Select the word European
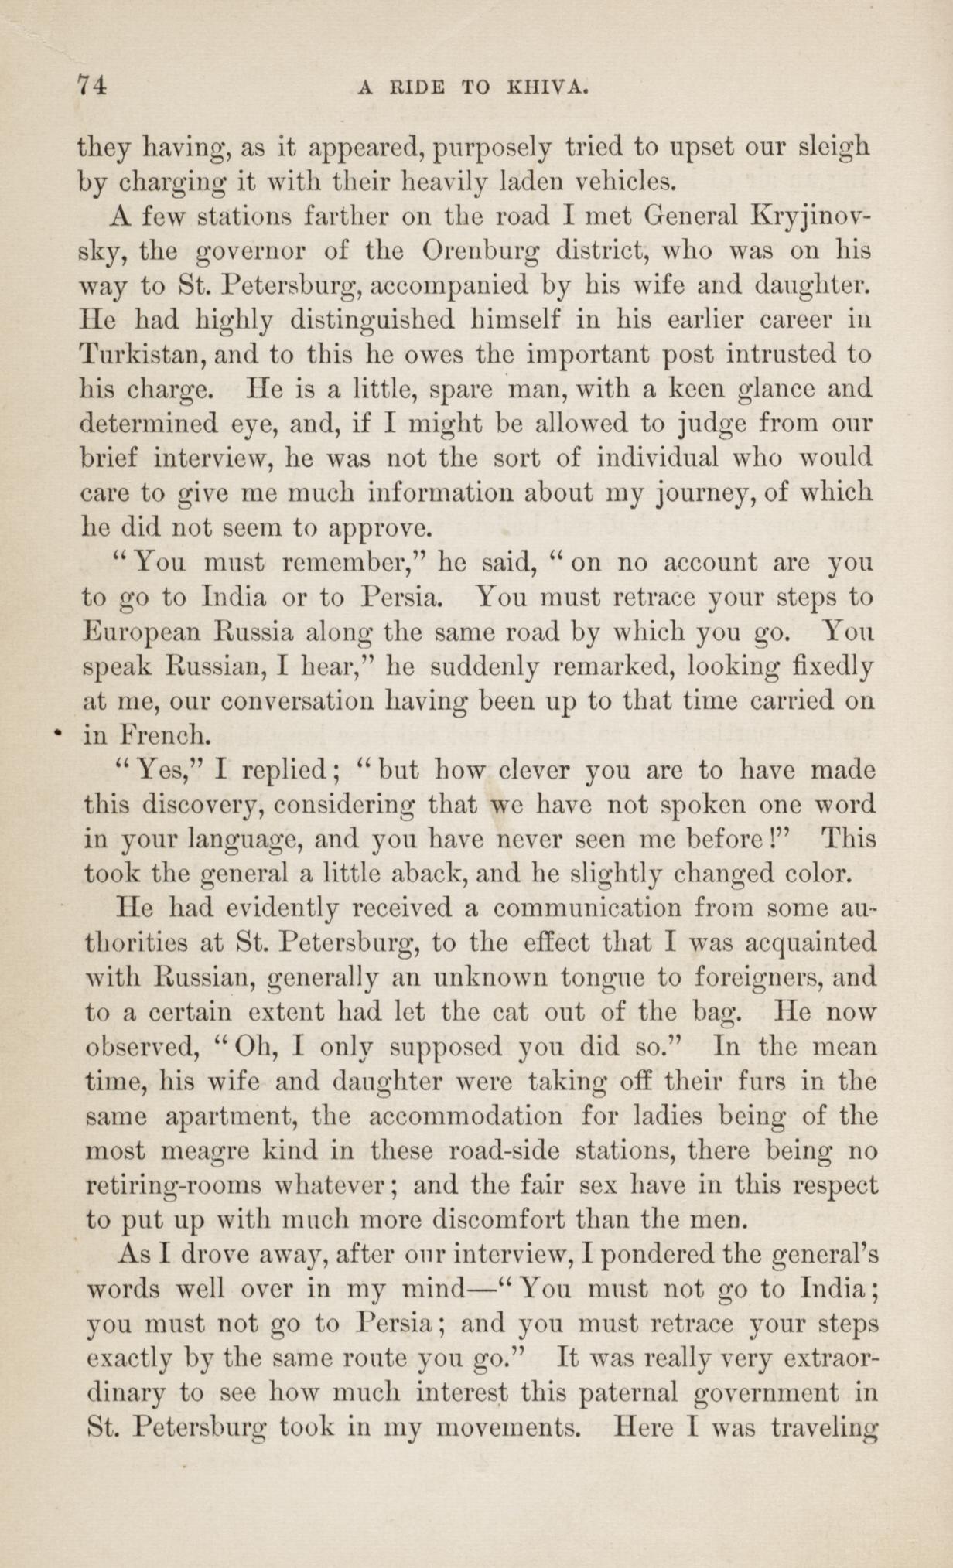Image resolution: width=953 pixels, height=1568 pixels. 138,631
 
